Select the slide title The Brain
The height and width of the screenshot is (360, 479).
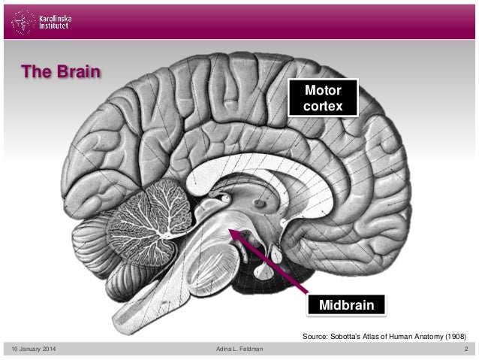point(61,72)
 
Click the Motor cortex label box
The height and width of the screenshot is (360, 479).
point(324,98)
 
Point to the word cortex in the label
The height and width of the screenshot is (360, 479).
point(324,107)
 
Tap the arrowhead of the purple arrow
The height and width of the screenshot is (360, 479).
point(233,234)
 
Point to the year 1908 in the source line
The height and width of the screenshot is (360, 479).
point(456,336)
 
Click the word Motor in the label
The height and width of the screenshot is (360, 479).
point(324,91)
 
